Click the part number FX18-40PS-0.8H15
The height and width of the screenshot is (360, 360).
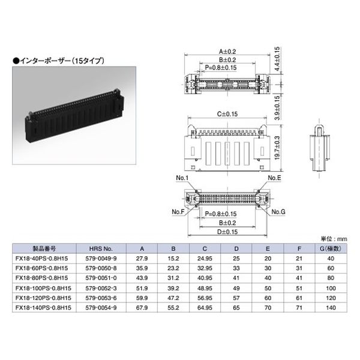coord(41,259)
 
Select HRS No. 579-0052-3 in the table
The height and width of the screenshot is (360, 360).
coord(101,288)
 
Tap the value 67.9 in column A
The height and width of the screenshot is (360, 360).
coord(142,308)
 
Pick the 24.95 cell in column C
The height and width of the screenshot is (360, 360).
coord(205,259)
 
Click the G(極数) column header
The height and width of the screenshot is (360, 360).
coord(331,248)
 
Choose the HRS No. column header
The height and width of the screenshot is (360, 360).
coord(101,248)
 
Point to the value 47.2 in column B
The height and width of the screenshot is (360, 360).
coord(173,298)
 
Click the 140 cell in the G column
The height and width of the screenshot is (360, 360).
coord(331,308)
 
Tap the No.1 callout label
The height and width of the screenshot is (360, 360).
coord(182,178)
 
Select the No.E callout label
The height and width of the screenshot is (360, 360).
coord(274,178)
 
